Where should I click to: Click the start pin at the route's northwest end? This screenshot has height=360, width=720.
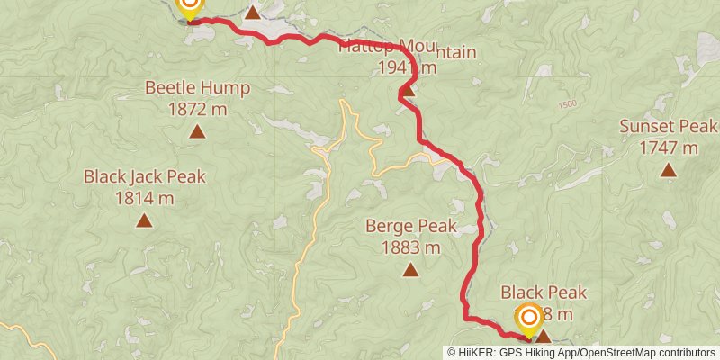pos(190,7)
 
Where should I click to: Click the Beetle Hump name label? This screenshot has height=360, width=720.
pos(198,88)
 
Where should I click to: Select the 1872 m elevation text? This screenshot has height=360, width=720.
pos(198,110)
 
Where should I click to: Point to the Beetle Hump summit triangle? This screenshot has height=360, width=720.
pos(197,132)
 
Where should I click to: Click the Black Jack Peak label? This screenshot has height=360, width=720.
pos(145,176)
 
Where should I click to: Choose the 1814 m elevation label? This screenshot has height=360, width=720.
pos(145,198)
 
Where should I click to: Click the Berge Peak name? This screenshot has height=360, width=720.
pos(410,226)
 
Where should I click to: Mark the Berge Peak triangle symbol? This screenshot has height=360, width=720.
pos(410,269)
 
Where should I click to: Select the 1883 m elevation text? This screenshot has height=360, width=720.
pos(410,247)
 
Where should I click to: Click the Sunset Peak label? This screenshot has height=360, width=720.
pos(668,126)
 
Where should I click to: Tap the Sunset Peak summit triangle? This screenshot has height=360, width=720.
pos(668,169)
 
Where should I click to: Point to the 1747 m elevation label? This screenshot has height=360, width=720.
pos(668,148)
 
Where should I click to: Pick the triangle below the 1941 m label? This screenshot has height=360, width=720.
pos(408,89)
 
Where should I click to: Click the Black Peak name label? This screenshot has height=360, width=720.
pos(544,292)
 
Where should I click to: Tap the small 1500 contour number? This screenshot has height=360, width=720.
pos(565,104)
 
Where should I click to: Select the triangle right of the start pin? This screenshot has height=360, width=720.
pos(254,13)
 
